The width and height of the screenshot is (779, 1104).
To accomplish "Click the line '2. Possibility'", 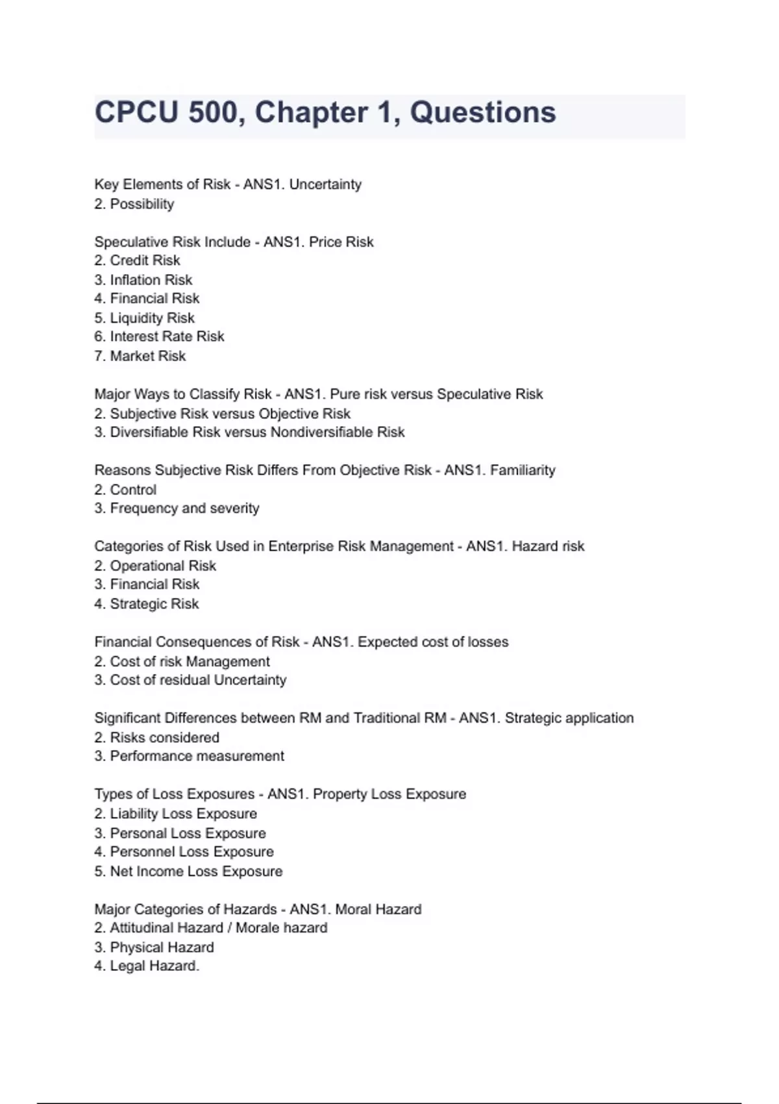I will tap(134, 204).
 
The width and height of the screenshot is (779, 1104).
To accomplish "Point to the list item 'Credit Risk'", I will tap(144, 260).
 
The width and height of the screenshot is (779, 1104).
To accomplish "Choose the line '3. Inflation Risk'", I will tap(143, 280).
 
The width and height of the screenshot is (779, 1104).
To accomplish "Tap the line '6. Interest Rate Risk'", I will tap(159, 336).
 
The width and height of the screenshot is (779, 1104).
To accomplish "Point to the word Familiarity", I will tap(523, 470).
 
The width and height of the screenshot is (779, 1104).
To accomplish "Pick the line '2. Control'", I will tap(125, 490).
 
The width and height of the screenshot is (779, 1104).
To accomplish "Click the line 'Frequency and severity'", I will tap(184, 508).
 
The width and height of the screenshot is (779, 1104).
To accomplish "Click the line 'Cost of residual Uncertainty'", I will tap(197, 680).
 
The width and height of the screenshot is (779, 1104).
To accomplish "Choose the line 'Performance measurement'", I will tap(197, 756).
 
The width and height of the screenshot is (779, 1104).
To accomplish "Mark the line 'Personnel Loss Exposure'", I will tap(192, 852).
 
